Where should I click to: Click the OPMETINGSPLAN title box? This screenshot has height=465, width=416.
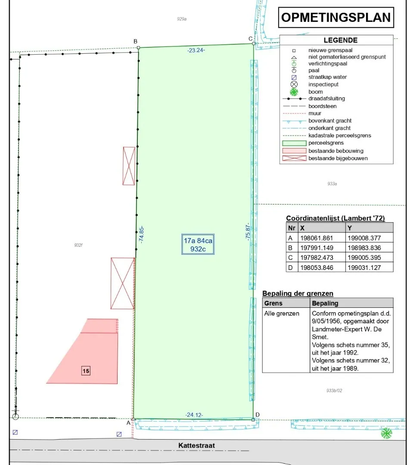pyautogui.click(x=336, y=18)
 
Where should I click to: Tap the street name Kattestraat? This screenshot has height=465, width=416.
pyautogui.click(x=196, y=446)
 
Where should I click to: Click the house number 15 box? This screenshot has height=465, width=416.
pyautogui.click(x=86, y=371)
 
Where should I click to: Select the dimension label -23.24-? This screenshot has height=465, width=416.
pyautogui.click(x=196, y=50)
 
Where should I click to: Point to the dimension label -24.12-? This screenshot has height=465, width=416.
pyautogui.click(x=194, y=415)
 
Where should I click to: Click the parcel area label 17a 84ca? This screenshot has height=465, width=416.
pyautogui.click(x=198, y=241)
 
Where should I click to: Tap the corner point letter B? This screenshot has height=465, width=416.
pyautogui.click(x=135, y=41)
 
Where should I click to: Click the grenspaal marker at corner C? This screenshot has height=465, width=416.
pyautogui.click(x=254, y=43)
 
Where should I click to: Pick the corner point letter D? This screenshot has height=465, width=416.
pyautogui.click(x=258, y=415)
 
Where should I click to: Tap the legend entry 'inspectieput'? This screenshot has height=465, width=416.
pyautogui.click(x=323, y=84)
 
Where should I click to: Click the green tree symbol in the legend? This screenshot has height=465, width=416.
pyautogui.click(x=294, y=92)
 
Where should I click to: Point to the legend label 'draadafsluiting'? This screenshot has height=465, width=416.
pyautogui.click(x=326, y=99)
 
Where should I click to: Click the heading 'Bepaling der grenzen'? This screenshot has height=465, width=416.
pyautogui.click(x=298, y=293)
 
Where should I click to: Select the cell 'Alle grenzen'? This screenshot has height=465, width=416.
pyautogui.click(x=282, y=313)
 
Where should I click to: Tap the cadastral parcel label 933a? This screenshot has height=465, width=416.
pyautogui.click(x=332, y=184)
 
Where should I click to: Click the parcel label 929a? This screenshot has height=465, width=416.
pyautogui.click(x=182, y=19)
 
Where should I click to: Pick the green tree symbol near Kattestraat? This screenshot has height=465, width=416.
pyautogui.click(x=386, y=433)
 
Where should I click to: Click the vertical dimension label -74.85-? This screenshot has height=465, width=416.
pyautogui.click(x=141, y=235)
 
